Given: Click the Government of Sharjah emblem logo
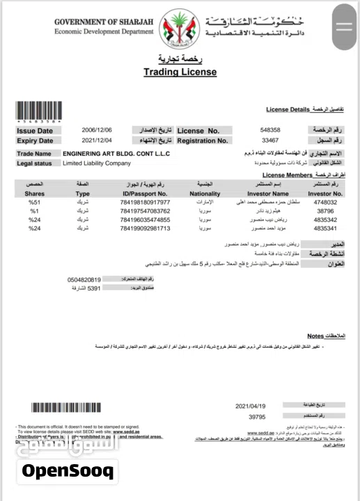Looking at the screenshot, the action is (180, 26).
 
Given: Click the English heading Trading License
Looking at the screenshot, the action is (180, 72).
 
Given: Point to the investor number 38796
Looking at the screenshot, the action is (326, 211).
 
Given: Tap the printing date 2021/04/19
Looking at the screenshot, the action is (251, 404).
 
